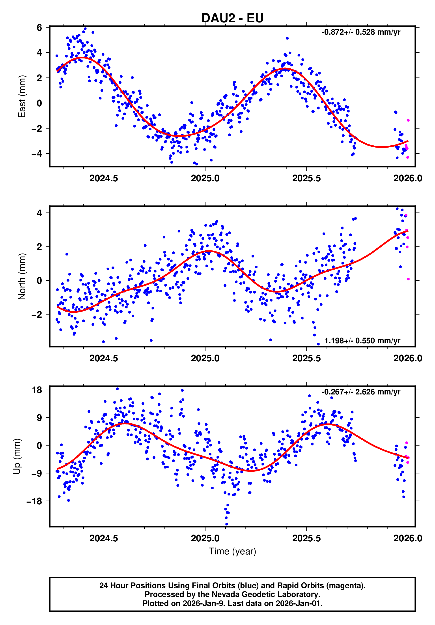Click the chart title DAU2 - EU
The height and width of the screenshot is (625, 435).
click(232, 18)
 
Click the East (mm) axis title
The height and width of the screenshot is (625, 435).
click(22, 96)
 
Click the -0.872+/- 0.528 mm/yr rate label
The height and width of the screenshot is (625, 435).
click(361, 32)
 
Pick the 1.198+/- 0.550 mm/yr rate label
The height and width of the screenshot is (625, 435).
click(362, 341)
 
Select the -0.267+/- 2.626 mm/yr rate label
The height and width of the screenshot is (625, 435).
click(361, 392)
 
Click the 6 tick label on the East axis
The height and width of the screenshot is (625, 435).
click(39, 28)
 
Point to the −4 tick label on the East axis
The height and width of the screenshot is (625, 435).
click(37, 154)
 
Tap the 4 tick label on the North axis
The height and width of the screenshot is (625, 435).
click(39, 213)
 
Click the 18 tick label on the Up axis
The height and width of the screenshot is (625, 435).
click(37, 390)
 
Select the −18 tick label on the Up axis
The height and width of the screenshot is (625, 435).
click(34, 501)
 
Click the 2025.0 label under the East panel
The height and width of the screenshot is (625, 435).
click(205, 178)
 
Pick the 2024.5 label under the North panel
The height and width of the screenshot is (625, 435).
click(104, 358)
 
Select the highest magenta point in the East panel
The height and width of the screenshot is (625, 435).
click(408, 120)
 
